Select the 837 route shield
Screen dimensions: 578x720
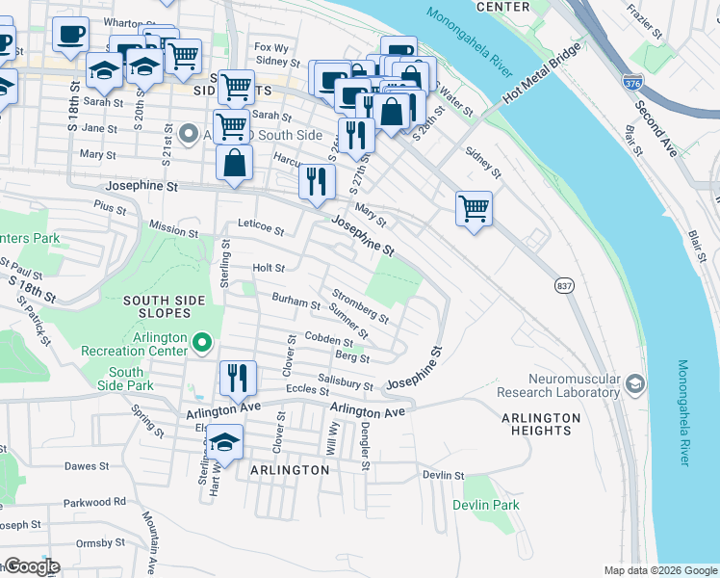(564, 286)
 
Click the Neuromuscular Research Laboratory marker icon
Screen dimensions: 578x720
(634, 384)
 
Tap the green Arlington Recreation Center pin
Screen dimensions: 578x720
(202, 342)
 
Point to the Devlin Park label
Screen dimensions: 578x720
(486, 505)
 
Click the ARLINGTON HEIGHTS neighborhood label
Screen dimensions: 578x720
(541, 424)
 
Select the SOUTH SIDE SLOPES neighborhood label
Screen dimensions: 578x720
(165, 308)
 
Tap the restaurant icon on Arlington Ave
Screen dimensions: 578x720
(238, 377)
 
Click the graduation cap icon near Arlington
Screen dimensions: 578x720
(224, 441)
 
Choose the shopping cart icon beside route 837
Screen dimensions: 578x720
(474, 206)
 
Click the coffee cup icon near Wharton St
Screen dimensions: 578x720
(71, 36)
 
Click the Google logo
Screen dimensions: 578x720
(31, 566)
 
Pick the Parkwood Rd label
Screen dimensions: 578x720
(95, 502)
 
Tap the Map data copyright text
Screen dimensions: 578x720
(659, 570)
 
